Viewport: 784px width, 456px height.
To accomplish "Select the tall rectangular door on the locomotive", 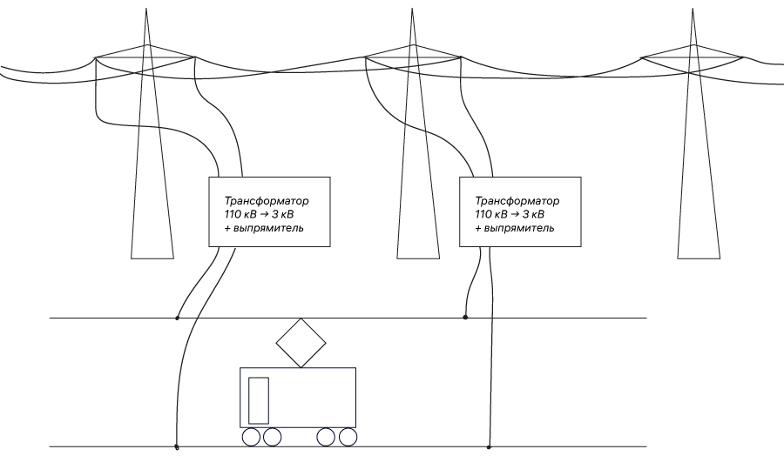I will [x=259, y=400].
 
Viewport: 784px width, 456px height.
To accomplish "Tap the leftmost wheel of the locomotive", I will [x=251, y=437].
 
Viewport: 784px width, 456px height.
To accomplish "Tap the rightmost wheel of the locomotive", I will [x=348, y=437].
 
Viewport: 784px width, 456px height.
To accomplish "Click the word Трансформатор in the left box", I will [x=267, y=200].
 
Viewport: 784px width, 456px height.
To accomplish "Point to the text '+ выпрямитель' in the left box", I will [x=264, y=228].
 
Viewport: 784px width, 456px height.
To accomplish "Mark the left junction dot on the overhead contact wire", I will [x=178, y=318].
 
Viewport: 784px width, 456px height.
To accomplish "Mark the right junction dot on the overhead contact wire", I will [x=465, y=318].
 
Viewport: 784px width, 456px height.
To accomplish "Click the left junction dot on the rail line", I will [x=177, y=447].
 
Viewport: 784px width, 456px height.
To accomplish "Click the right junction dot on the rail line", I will [x=489, y=447].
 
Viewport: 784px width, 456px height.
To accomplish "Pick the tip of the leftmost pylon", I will [x=144, y=10].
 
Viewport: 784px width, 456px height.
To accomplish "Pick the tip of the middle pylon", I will [x=411, y=10].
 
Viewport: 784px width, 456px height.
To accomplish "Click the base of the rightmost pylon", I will [x=699, y=258].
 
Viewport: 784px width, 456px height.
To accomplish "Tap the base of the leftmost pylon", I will [x=152, y=258].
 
